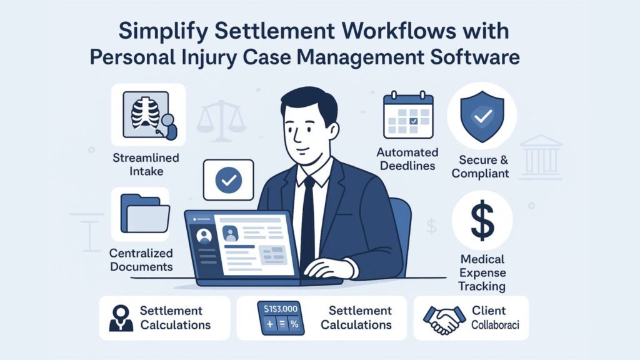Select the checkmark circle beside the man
pos(228,180)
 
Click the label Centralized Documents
pos(141,260)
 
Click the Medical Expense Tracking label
pos(482,272)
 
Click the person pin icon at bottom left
pos(121,318)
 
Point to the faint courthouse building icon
pos(541,154)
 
